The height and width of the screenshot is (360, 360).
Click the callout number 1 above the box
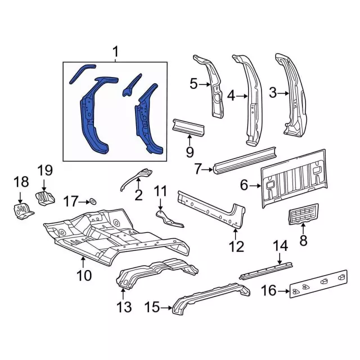115,52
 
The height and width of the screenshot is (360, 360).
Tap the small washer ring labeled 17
93,201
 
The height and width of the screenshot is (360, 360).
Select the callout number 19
45,170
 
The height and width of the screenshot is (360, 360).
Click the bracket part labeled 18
22,210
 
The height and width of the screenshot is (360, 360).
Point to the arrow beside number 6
255,186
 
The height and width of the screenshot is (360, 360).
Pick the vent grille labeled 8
303,214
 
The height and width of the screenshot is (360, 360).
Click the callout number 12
236,247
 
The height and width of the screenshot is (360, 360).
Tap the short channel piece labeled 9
188,128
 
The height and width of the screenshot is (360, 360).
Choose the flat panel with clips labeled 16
318,283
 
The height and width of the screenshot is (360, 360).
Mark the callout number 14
280,246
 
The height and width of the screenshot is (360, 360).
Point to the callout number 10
84,275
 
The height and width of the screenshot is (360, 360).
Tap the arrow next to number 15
166,308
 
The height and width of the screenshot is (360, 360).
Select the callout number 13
124,307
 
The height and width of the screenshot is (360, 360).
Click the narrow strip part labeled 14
266,271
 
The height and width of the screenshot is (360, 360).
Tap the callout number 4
231,96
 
